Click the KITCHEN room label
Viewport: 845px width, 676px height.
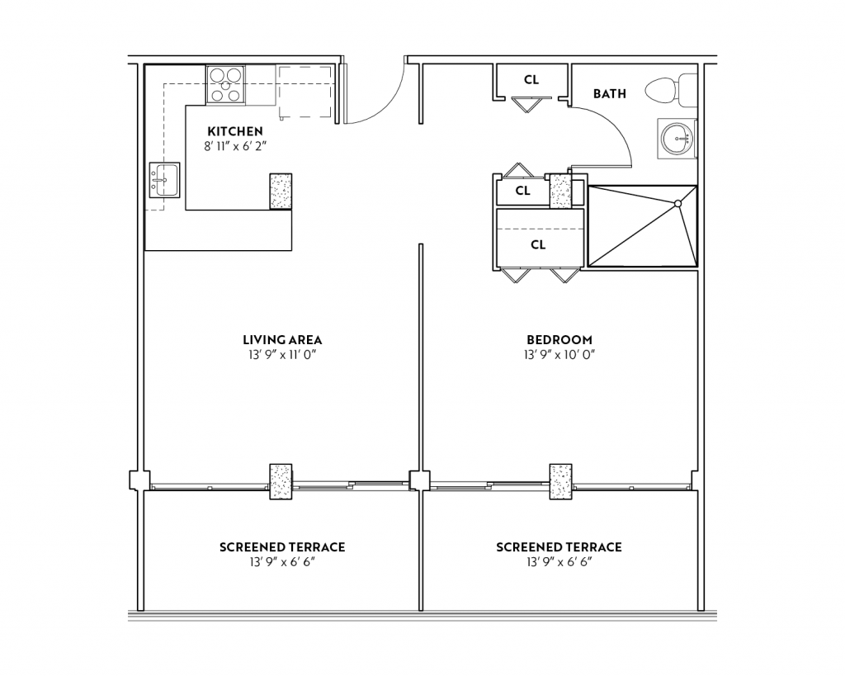[235, 131]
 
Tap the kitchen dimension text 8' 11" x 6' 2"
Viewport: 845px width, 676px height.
[235, 145]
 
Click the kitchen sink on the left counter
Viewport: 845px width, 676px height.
[164, 180]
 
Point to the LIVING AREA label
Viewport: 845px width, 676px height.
[282, 340]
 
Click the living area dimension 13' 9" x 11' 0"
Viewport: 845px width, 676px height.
[282, 355]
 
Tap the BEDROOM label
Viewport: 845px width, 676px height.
[559, 340]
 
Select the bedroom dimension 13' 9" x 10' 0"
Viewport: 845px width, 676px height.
[559, 355]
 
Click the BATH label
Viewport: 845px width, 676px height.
[609, 94]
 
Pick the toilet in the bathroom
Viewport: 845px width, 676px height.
[670, 89]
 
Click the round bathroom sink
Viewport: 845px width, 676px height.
[677, 138]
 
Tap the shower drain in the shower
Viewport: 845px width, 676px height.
[677, 202]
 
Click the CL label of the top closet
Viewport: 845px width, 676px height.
[531, 80]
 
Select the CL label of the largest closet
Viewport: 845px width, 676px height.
[538, 245]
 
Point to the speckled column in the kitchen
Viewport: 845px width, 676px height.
[281, 191]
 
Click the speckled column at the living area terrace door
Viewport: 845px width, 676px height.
[281, 481]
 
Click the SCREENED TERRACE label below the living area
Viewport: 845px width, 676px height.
[282, 547]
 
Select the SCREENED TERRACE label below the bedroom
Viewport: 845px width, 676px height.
[559, 547]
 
